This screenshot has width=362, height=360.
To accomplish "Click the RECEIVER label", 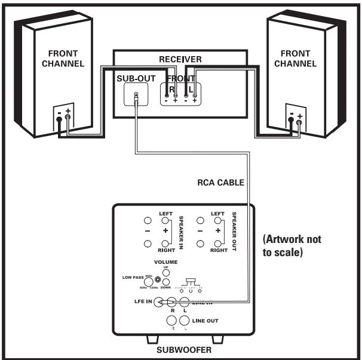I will coord(179,60).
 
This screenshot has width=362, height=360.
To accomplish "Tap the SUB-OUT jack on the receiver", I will coord(137,95).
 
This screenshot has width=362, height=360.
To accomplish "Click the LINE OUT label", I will coord(205,321).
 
